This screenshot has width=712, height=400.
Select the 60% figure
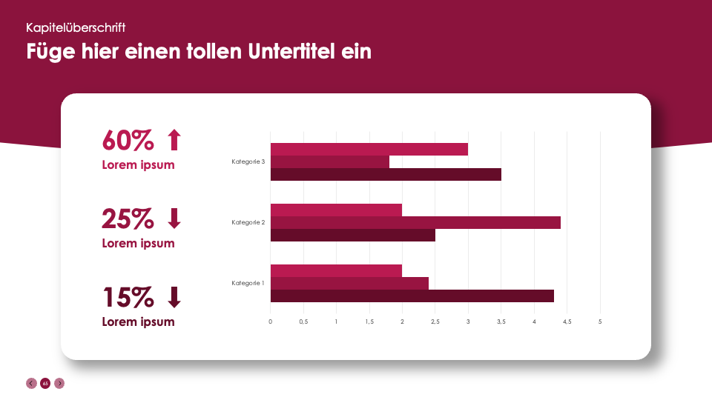tap(128, 139)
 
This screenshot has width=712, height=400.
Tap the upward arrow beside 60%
tap(174, 139)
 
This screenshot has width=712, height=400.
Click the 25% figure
tap(128, 219)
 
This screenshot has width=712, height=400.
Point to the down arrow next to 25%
tap(174, 219)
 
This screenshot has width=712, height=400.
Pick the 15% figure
tap(128, 297)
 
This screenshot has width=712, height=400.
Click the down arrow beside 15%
tap(174, 297)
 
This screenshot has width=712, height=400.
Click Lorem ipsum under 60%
tap(138, 164)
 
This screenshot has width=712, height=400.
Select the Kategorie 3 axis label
tap(248, 161)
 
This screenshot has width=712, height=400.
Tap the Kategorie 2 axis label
tap(248, 222)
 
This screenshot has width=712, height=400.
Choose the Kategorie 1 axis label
tap(248, 283)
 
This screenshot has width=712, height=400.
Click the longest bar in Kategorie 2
tap(415, 222)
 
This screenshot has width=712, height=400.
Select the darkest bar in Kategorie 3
tap(386, 175)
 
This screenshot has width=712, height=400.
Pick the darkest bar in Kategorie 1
tap(412, 296)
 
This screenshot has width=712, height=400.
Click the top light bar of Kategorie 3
tap(369, 149)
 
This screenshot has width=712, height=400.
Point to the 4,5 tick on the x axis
tap(567, 321)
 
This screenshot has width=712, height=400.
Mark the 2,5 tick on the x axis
tap(435, 321)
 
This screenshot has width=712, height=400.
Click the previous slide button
tap(31, 383)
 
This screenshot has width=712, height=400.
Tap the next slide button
tap(59, 383)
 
